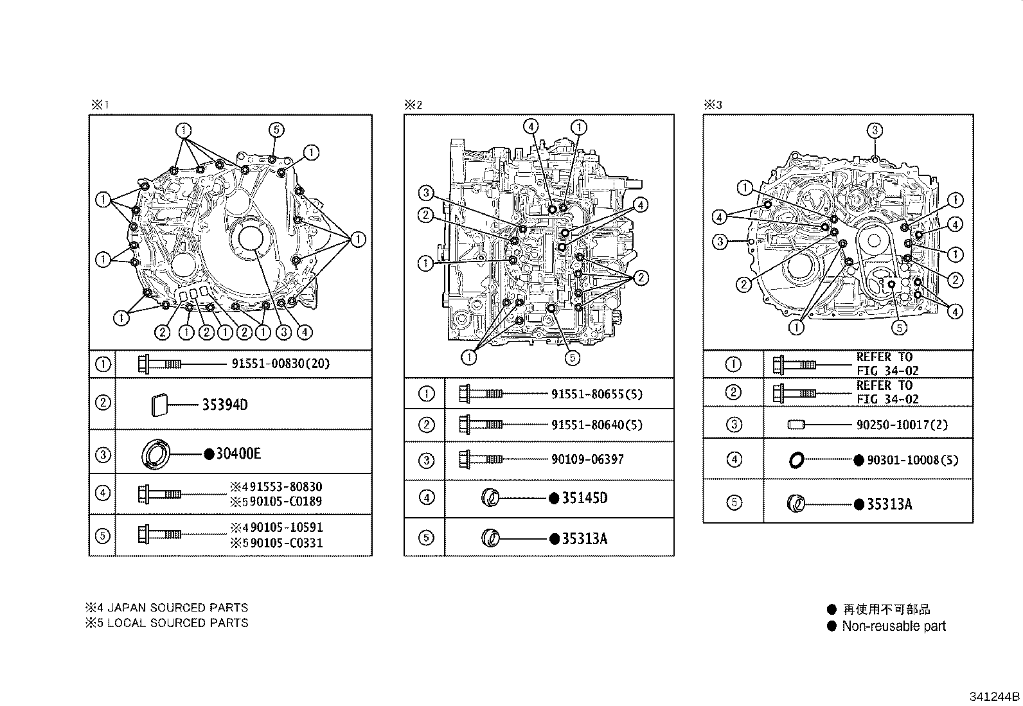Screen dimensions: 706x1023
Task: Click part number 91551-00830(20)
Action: point(280,364)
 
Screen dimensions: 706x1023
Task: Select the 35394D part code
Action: point(225,405)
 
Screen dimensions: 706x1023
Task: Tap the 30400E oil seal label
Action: point(238,454)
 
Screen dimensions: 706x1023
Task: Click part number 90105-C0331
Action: point(287,543)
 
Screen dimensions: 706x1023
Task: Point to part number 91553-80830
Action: point(287,487)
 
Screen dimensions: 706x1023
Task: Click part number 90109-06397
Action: point(587,459)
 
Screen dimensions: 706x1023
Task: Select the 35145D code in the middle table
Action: point(584,498)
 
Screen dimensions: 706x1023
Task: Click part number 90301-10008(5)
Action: point(912,460)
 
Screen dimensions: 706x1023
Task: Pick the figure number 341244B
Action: point(995,697)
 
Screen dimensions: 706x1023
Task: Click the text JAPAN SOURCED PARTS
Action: point(177,607)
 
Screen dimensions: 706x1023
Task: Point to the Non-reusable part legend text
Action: point(894,626)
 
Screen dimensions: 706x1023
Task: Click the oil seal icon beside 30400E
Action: point(156,455)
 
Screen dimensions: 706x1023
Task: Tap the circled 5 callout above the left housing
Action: point(275,130)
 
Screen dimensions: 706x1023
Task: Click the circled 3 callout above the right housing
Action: point(875,130)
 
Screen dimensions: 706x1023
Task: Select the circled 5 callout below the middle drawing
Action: point(572,358)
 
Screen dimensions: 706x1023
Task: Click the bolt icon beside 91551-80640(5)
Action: point(480,424)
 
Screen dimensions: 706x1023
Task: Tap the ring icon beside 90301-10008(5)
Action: point(796,460)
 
